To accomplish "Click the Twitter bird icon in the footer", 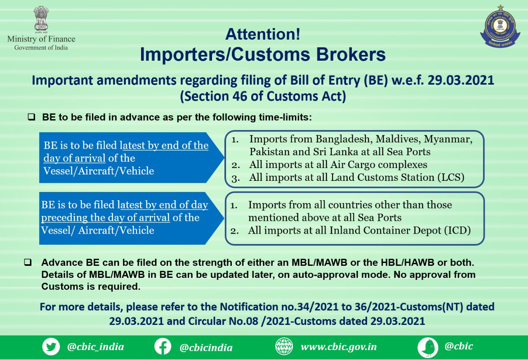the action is pyautogui.click(x=51, y=346).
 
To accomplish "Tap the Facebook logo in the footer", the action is pyautogui.click(x=163, y=346).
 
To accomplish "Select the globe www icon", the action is pyautogui.click(x=284, y=346).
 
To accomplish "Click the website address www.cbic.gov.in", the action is pyautogui.click(x=339, y=347).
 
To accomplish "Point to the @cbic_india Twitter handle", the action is pyautogui.click(x=95, y=347).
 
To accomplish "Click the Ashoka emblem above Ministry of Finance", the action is pyautogui.click(x=41, y=19).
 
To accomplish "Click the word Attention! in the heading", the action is pyautogui.click(x=263, y=34).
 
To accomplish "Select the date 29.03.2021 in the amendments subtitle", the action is pyautogui.click(x=461, y=80).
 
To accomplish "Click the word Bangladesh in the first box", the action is pyautogui.click(x=344, y=139).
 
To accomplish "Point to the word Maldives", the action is pyautogui.click(x=398, y=140).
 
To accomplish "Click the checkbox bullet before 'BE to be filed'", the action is pyautogui.click(x=31, y=117).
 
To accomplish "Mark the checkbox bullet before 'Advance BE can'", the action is pyautogui.click(x=28, y=262).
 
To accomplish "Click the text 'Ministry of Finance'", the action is pyautogui.click(x=41, y=39).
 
